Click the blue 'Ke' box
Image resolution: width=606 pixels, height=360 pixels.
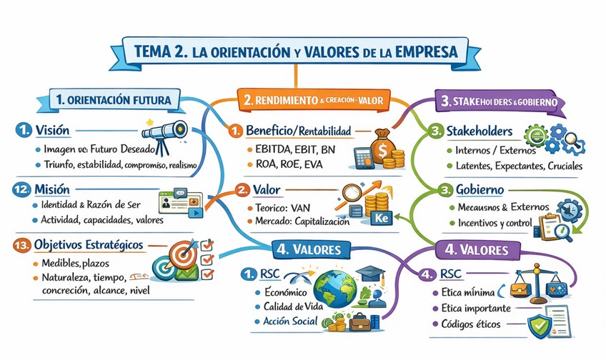381,215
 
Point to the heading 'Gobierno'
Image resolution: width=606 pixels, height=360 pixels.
476,191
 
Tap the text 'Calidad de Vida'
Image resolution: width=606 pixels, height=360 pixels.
288,307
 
